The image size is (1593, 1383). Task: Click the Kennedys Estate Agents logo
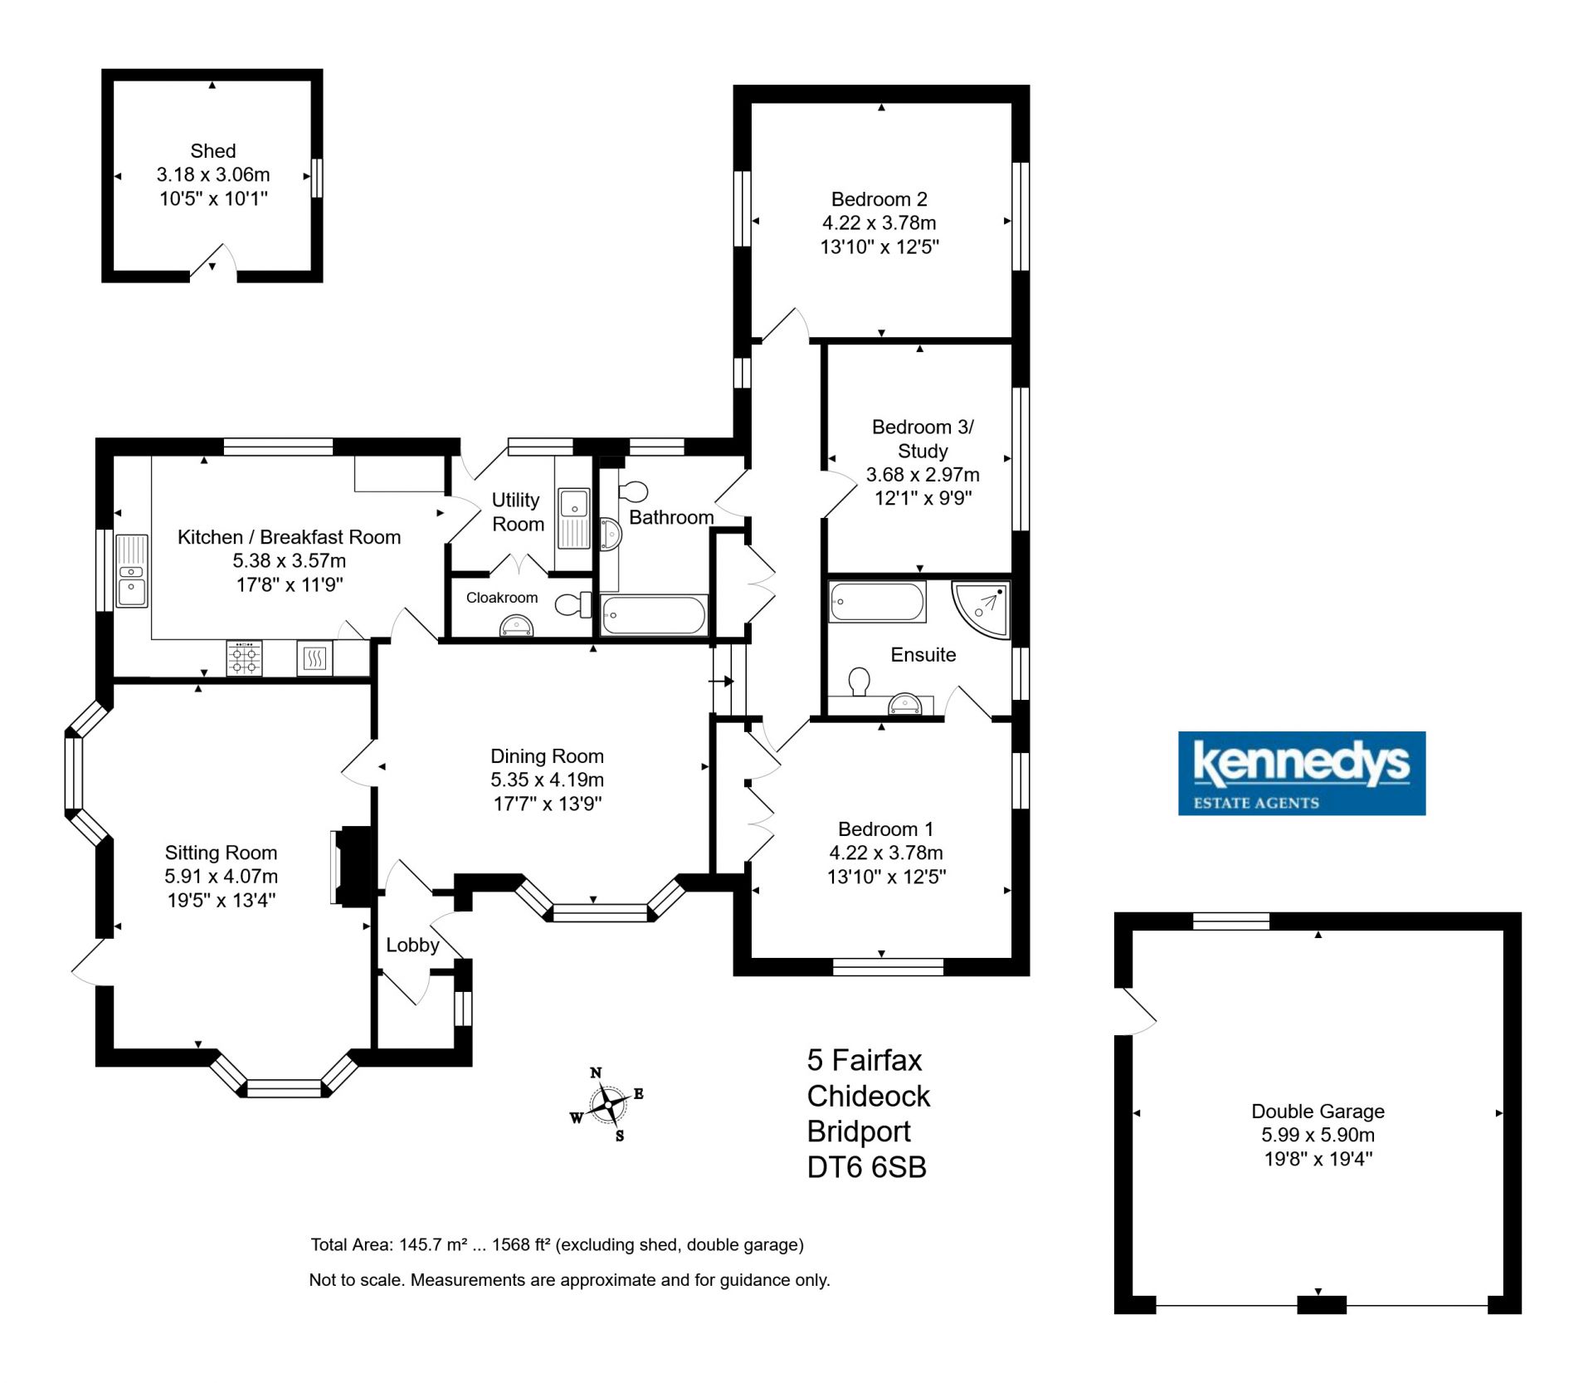point(1302,773)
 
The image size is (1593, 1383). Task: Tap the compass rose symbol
point(609,1105)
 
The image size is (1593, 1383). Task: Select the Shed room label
point(213,151)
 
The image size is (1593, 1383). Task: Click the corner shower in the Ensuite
point(981,610)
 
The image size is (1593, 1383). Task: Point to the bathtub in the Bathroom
point(653,615)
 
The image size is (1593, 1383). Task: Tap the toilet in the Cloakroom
point(572,604)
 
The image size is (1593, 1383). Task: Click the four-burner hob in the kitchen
point(244,659)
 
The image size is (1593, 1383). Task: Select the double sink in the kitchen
point(132,571)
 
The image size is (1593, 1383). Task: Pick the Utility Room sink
point(573,518)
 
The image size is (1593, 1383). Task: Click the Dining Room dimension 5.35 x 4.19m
point(547,779)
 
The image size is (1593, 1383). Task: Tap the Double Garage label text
point(1318,1111)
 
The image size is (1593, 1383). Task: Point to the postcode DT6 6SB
point(866,1167)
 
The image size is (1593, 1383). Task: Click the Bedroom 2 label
point(879,199)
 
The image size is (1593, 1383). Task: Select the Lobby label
point(412,945)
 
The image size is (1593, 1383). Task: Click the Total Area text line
point(557,1244)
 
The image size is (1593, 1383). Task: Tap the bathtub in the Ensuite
point(877,603)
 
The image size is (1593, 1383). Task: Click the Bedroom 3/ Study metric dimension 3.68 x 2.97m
point(923,475)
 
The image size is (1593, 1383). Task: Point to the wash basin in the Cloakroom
point(516,627)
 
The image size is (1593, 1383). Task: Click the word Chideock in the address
point(869,1096)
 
